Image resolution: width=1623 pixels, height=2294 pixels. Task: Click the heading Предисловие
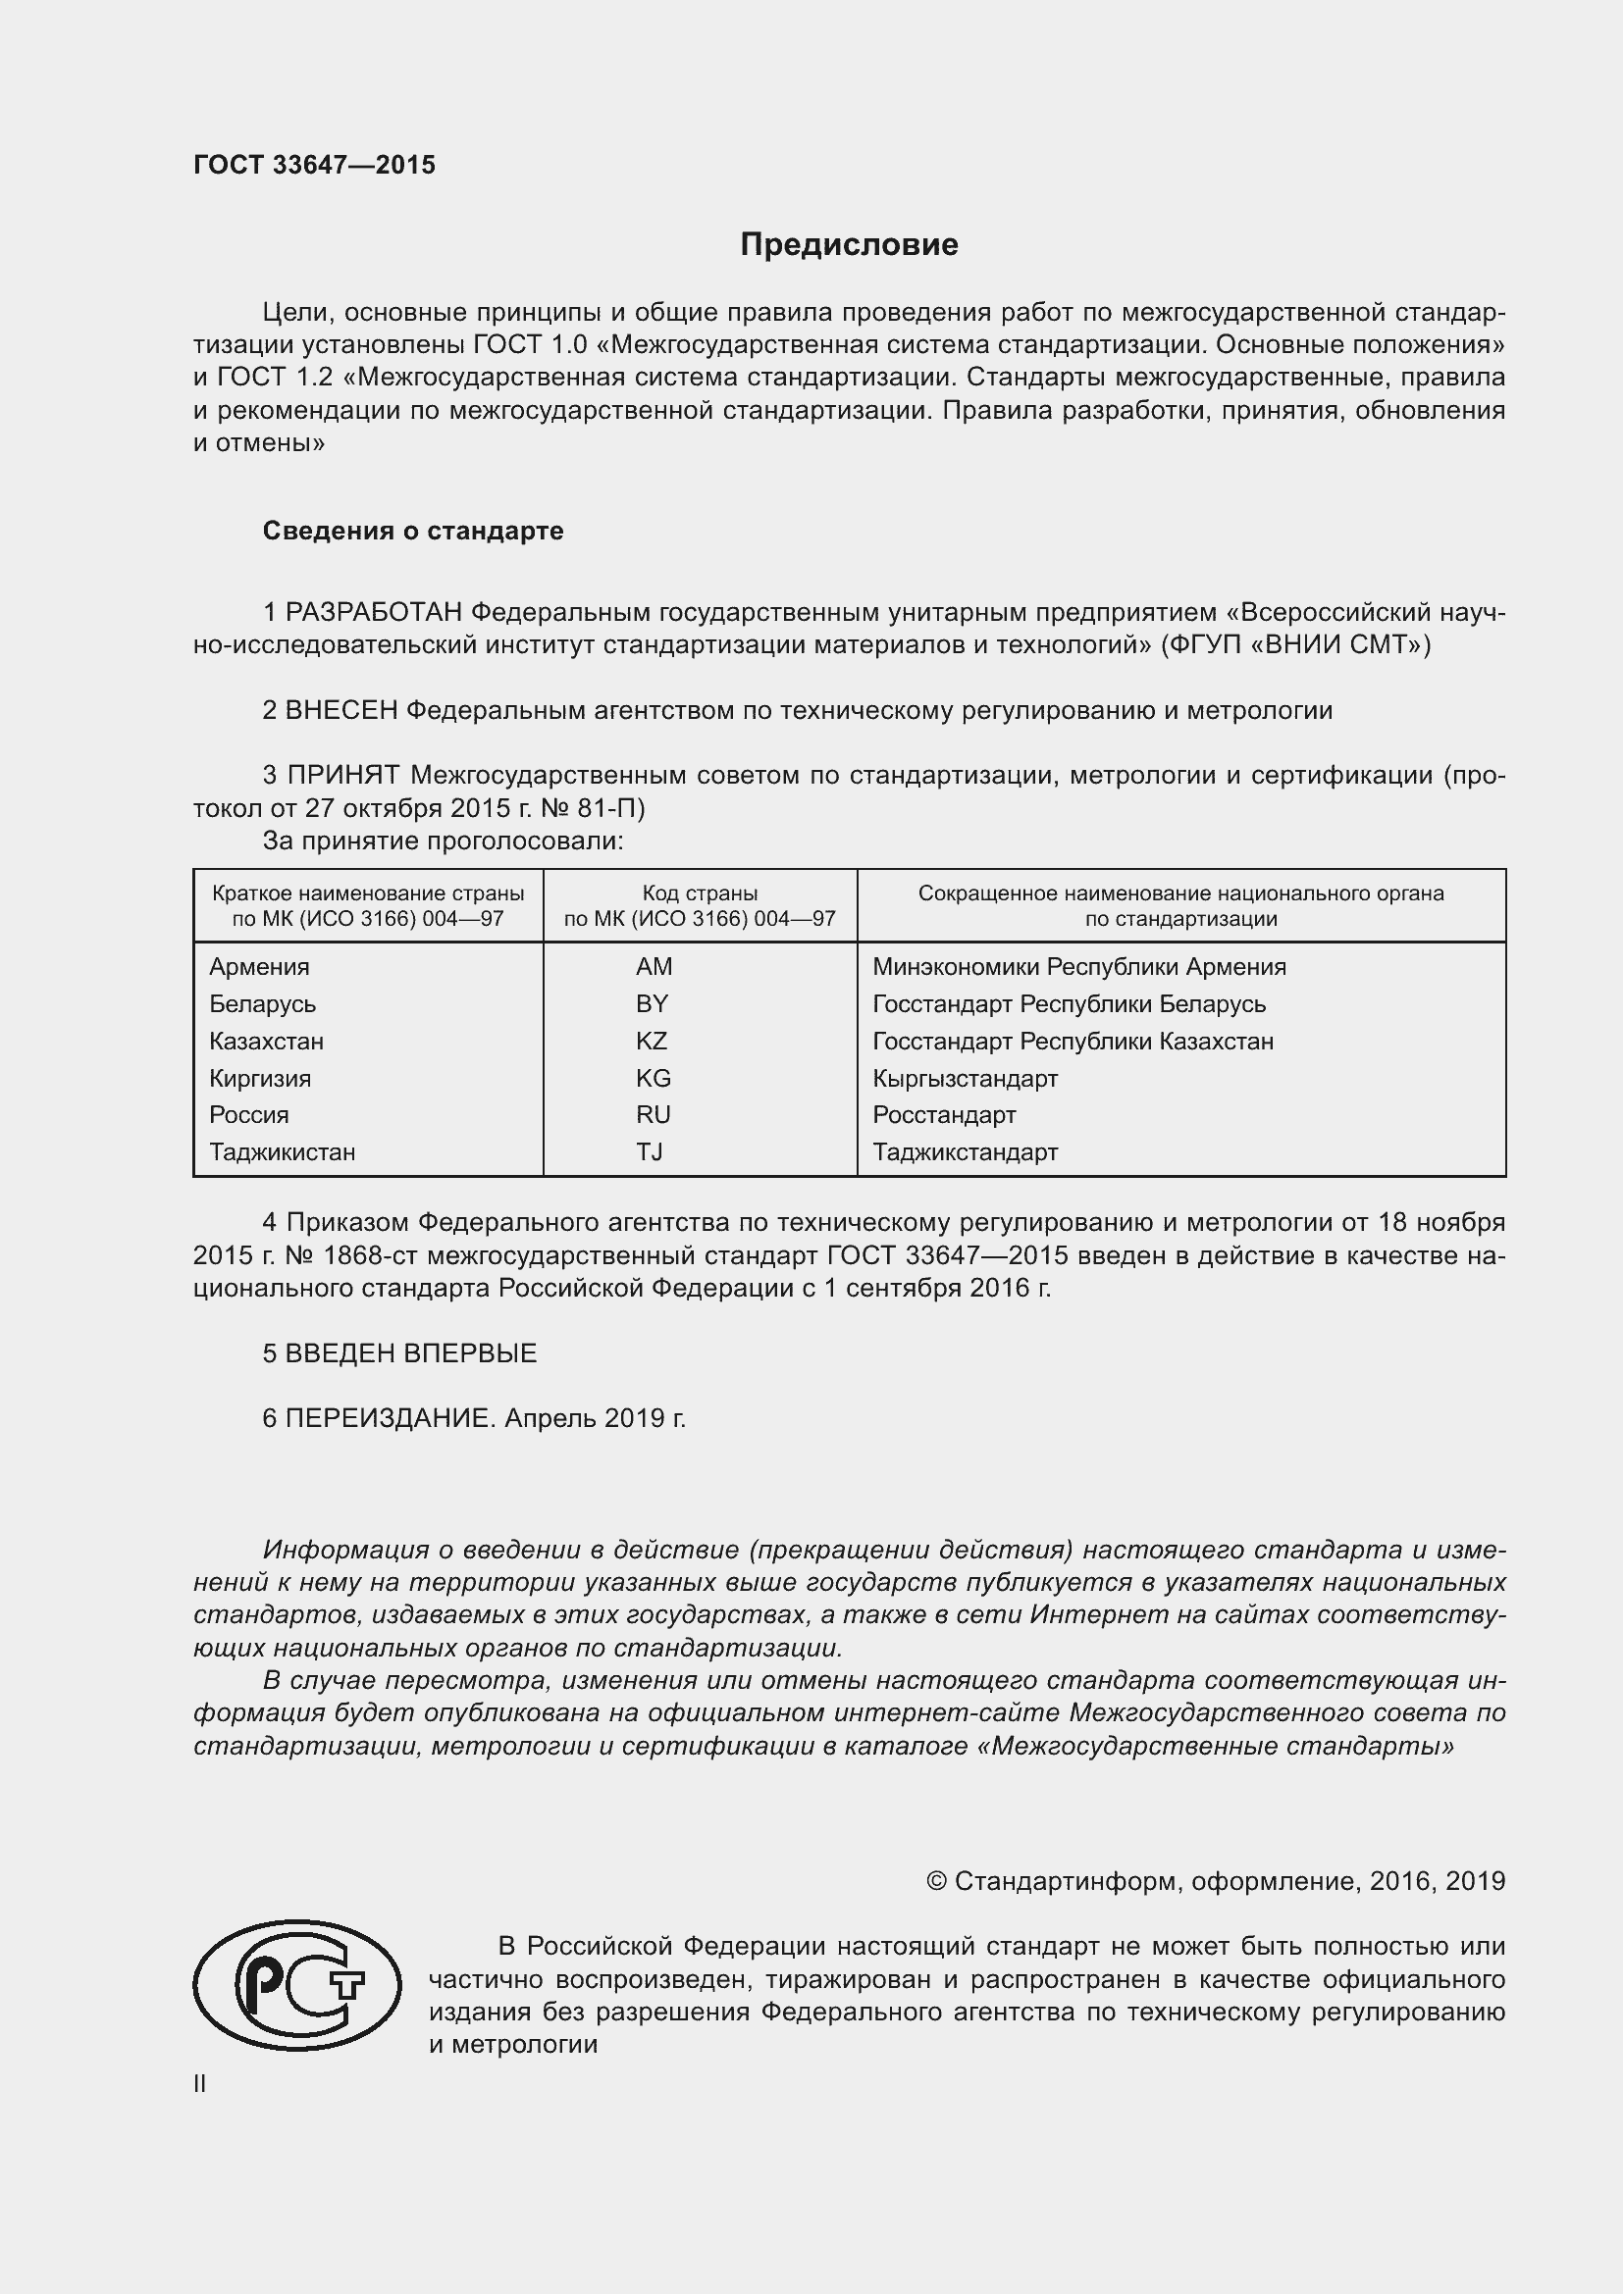tap(849, 245)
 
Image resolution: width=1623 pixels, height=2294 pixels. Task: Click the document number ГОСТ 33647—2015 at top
tap(314, 165)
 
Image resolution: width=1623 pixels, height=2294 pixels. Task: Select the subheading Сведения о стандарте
tap(413, 531)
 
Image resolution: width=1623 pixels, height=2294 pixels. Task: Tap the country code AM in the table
tap(654, 966)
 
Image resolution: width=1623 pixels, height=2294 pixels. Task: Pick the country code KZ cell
tap(651, 1042)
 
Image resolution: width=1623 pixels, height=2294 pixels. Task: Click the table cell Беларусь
tap(262, 1004)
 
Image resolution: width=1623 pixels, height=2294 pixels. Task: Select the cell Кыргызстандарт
tap(965, 1078)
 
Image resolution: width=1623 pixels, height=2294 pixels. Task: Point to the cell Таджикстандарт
tap(965, 1152)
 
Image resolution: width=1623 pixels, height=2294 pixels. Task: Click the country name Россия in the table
tap(249, 1115)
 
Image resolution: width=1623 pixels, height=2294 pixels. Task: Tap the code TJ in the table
tap(650, 1152)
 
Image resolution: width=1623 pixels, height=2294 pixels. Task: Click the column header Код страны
tap(700, 893)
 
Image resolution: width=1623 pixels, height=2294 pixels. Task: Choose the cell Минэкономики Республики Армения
tap(1078, 966)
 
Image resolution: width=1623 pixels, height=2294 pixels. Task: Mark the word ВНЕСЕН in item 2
tap(341, 710)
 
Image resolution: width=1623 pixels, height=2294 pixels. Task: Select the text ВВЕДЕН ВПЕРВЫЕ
tap(411, 1352)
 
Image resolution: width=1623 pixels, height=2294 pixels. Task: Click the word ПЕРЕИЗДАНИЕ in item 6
tap(389, 1418)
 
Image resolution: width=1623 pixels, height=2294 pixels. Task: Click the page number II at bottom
tap(200, 2083)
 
